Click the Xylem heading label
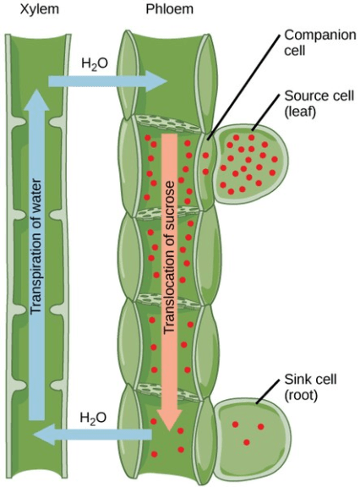28,11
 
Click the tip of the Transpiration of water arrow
36,96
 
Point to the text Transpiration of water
36,254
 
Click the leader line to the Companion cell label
245,84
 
